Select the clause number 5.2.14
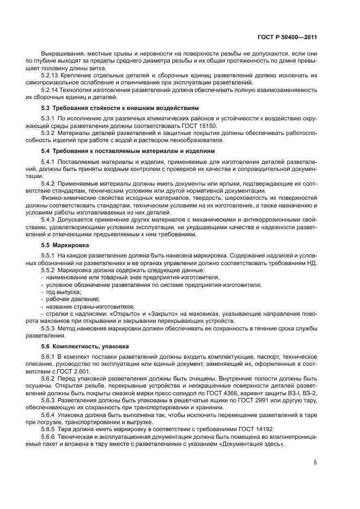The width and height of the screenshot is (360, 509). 50,90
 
